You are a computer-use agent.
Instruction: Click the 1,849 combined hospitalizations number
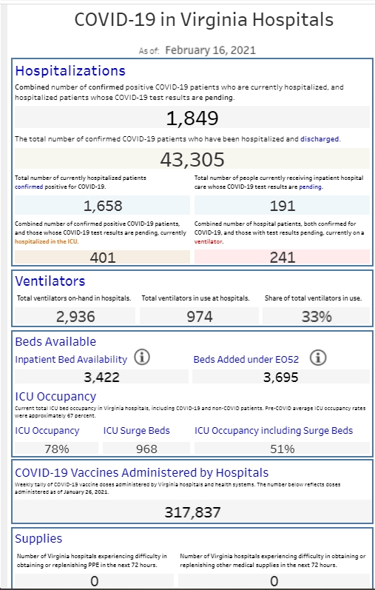click(192, 118)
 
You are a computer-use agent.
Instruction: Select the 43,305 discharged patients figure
click(192, 160)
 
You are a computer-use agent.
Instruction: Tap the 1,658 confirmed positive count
click(103, 206)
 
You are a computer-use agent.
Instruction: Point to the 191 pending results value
click(283, 206)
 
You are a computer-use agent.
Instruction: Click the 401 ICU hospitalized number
click(103, 258)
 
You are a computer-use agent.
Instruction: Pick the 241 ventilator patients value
click(283, 258)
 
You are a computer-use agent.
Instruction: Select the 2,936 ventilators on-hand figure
click(75, 317)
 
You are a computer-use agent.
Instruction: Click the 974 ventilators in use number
click(200, 317)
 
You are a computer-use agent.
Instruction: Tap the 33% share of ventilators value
click(317, 317)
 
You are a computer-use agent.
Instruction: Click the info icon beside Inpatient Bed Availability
click(142, 358)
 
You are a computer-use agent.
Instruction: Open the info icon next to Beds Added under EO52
click(318, 358)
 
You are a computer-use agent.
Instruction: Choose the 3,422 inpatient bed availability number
click(101, 377)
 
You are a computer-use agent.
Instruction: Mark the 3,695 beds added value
click(281, 377)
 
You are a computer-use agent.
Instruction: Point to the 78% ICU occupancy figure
click(56, 449)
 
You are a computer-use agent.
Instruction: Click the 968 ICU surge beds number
click(146, 449)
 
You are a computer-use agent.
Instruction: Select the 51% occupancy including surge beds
click(283, 449)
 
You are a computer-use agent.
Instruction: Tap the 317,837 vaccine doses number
click(192, 512)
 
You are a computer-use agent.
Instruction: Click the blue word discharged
click(320, 139)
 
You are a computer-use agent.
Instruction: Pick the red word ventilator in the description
click(209, 241)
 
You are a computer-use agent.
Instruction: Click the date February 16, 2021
click(211, 50)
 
